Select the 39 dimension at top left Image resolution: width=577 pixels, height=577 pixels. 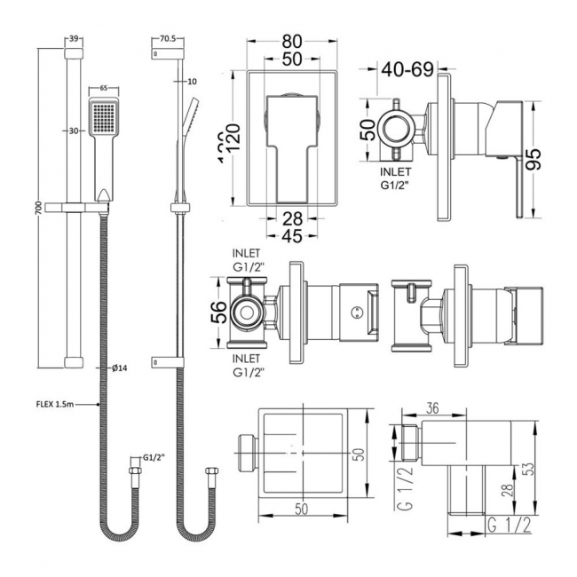pyautogui.click(x=74, y=40)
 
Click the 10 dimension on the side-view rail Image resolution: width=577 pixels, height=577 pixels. pyautogui.click(x=191, y=82)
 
